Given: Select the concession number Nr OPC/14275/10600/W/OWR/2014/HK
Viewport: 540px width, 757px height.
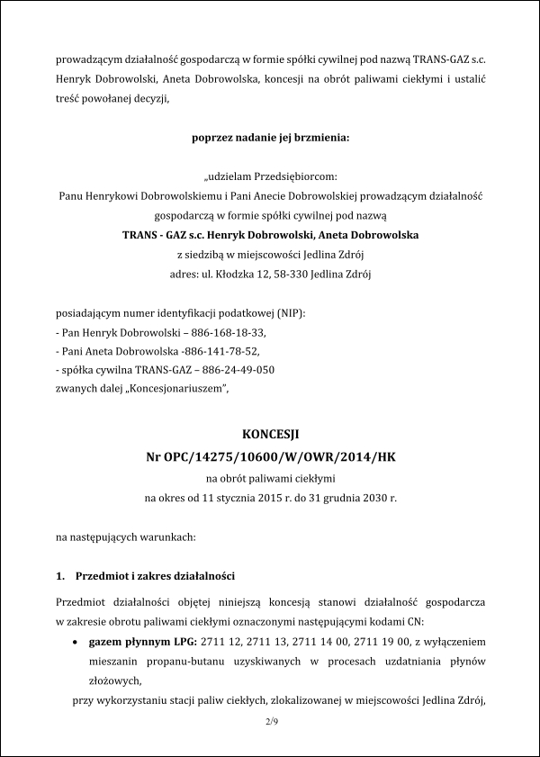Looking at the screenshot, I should coord(270,457).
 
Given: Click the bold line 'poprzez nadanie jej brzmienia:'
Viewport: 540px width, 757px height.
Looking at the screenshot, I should coord(270,138).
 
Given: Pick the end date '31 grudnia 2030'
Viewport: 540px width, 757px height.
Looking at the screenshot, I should coord(338,497).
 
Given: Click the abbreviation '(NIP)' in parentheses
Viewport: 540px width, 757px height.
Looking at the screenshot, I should coord(291,312).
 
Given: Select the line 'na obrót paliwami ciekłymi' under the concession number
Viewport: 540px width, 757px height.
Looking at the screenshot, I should coord(270,478).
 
